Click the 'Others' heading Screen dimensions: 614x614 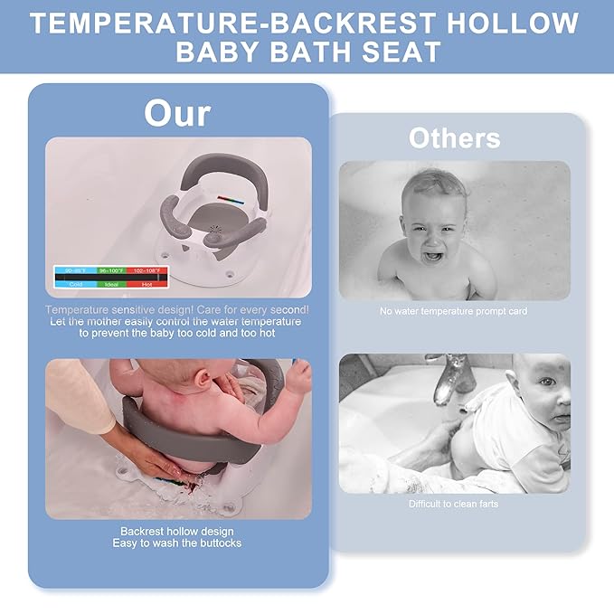click(x=454, y=137)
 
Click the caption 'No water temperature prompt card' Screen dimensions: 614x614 click(x=454, y=311)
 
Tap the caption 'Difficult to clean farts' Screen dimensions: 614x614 click(x=454, y=504)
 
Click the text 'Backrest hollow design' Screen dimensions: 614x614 click(x=177, y=532)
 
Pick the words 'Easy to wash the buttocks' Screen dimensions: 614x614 click(x=177, y=543)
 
